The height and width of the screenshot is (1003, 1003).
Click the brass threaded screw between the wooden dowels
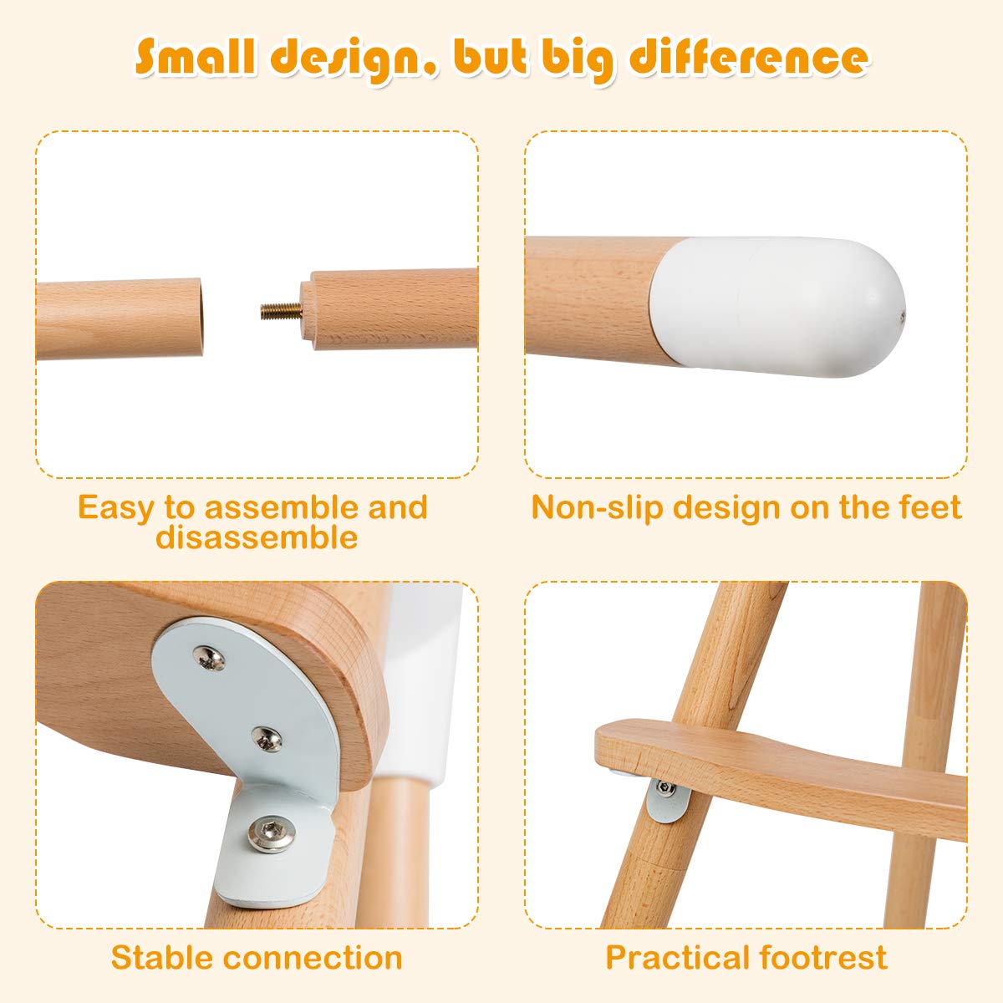281,311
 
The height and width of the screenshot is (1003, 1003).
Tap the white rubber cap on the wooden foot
777,307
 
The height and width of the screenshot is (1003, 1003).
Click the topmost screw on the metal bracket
209,658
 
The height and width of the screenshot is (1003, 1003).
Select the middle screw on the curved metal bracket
267,739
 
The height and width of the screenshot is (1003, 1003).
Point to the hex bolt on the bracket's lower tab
271,834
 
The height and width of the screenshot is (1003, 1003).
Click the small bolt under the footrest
664,787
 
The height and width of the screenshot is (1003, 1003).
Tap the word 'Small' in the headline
196,56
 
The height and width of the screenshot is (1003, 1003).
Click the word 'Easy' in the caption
115,508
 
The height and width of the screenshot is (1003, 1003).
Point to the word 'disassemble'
257,537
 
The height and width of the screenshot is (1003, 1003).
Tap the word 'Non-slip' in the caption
597,507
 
